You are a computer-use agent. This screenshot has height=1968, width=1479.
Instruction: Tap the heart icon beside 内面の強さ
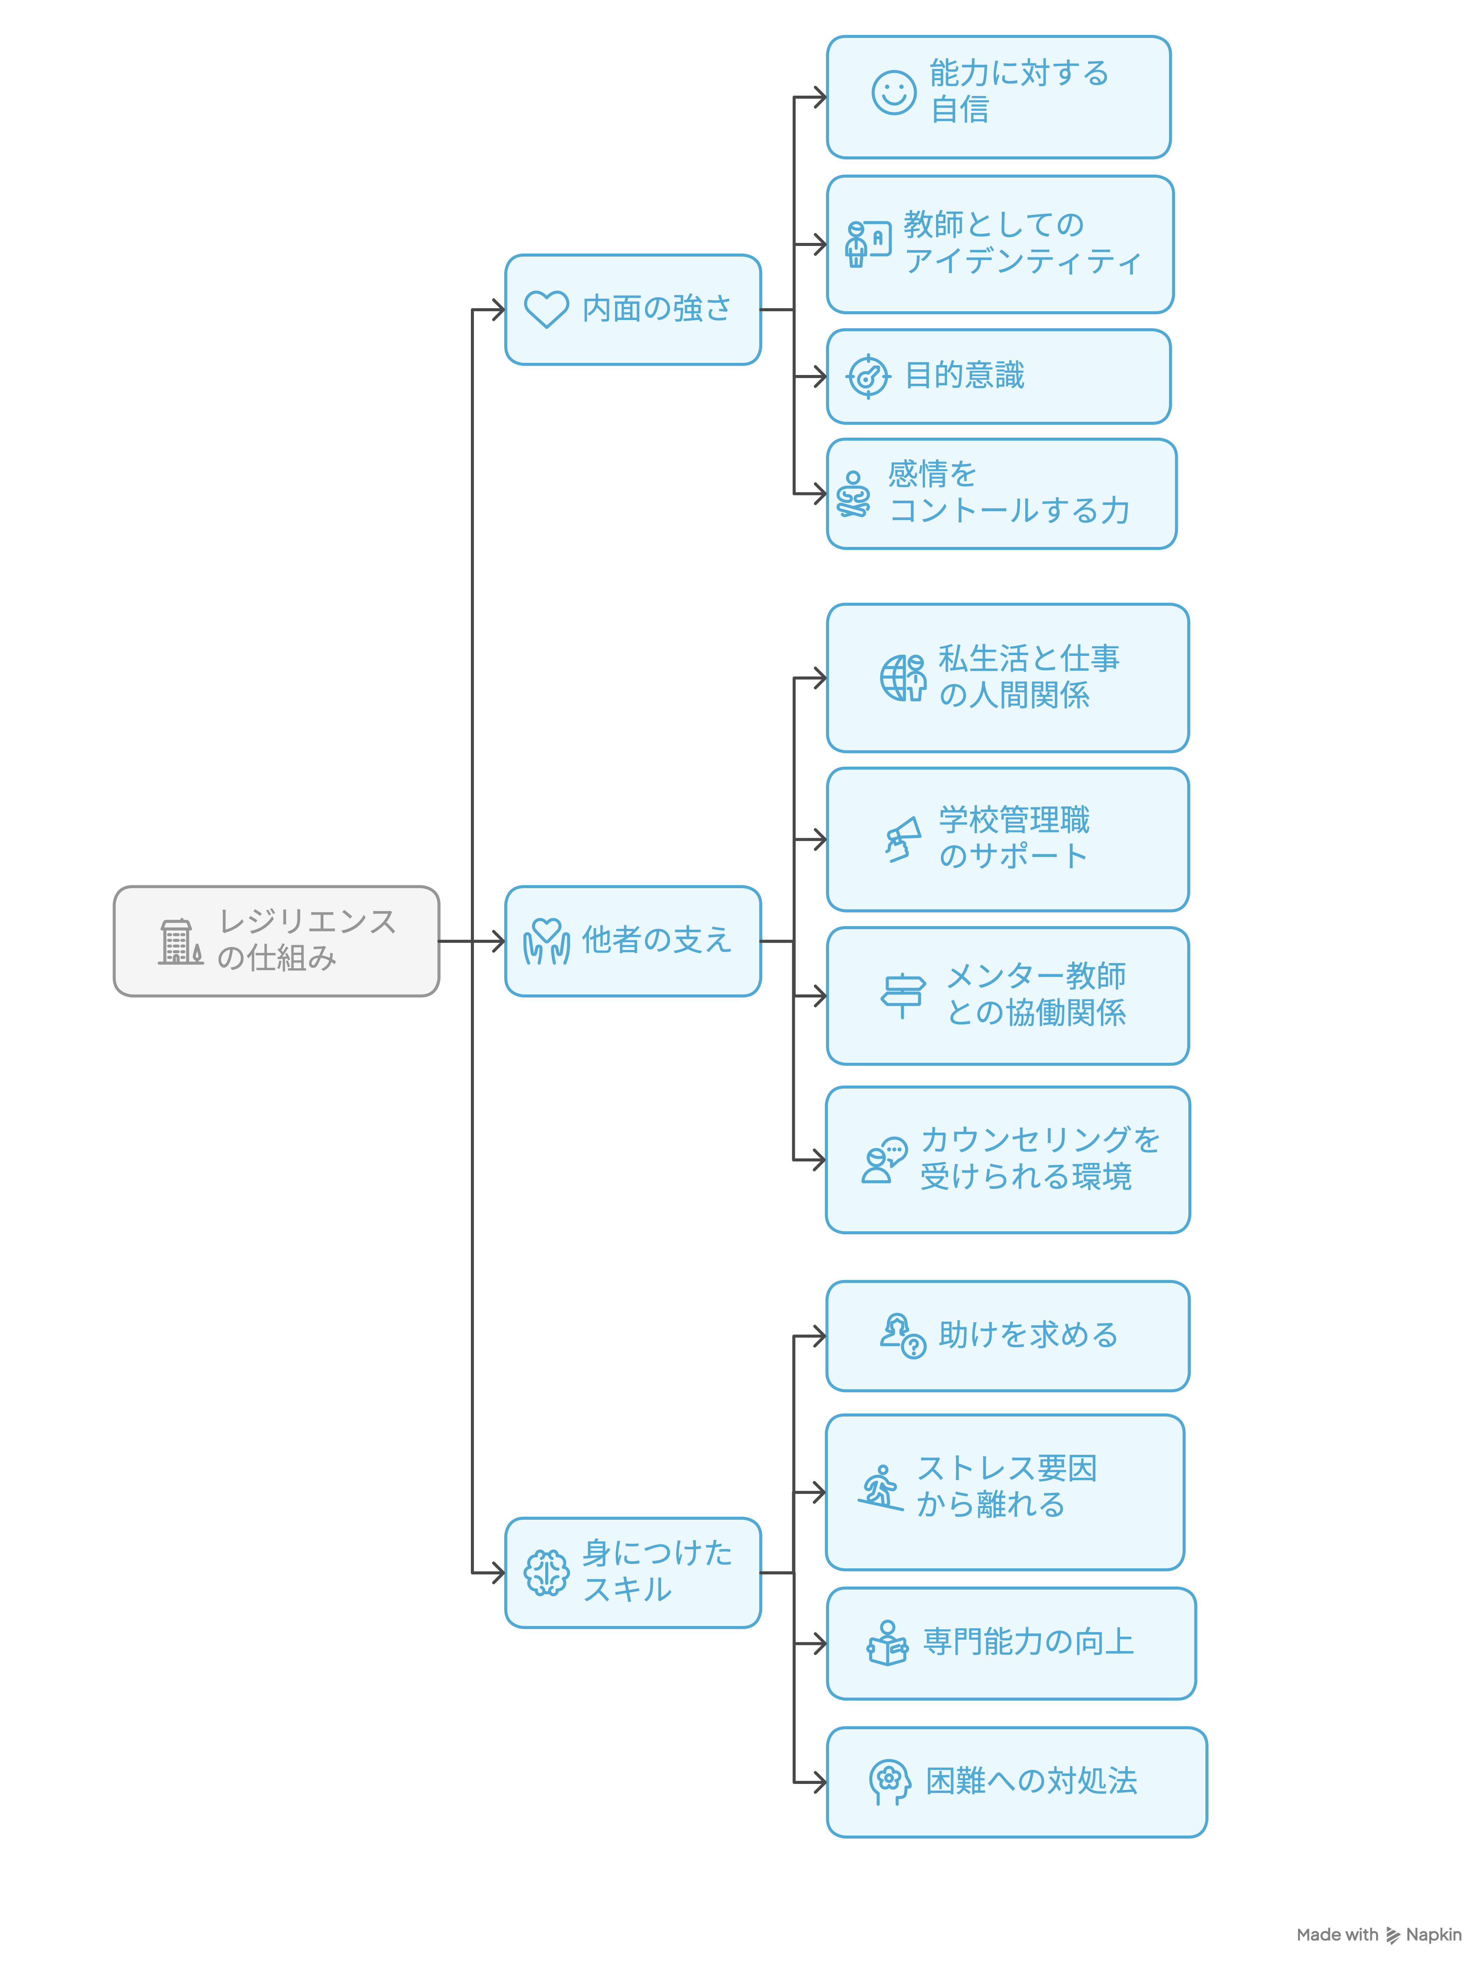pos(546,310)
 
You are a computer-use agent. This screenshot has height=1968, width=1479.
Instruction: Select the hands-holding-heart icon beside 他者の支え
pos(546,941)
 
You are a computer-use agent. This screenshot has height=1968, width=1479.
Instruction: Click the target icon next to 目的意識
pos(867,377)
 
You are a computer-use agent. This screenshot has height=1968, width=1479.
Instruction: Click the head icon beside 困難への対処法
pos(889,1781)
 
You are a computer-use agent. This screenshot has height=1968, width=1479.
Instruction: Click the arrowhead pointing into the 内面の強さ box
pos(498,310)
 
